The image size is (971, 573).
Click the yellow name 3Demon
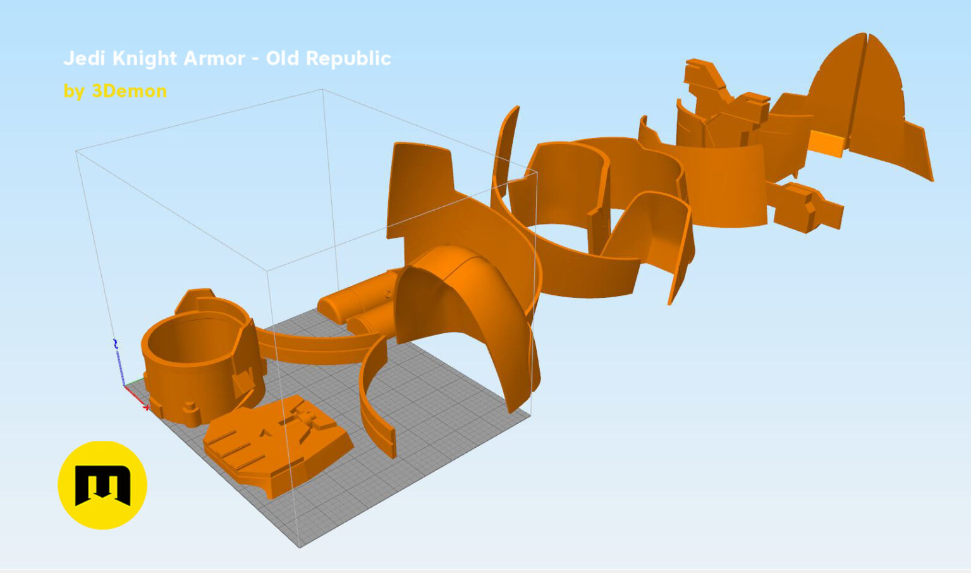click(x=129, y=91)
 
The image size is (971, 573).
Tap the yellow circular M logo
click(x=102, y=485)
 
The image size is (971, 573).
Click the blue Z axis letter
click(x=115, y=343)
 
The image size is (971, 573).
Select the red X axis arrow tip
click(x=147, y=408)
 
